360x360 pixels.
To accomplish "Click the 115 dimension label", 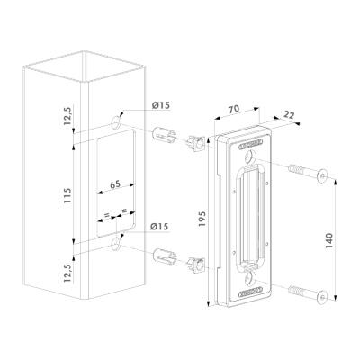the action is (67, 195).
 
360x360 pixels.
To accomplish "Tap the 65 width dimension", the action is (115, 184).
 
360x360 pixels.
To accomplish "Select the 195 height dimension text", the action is (202, 219).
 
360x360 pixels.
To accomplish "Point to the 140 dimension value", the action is (329, 240).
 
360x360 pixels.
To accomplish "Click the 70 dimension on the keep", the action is (234, 109).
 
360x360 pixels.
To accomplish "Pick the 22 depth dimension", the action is (289, 115).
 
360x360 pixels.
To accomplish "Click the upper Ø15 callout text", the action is (160, 105).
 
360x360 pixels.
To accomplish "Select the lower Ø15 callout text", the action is (159, 227).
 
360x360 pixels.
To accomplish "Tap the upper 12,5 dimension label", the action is (67, 116).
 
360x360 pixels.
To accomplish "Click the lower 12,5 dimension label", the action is (67, 273).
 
